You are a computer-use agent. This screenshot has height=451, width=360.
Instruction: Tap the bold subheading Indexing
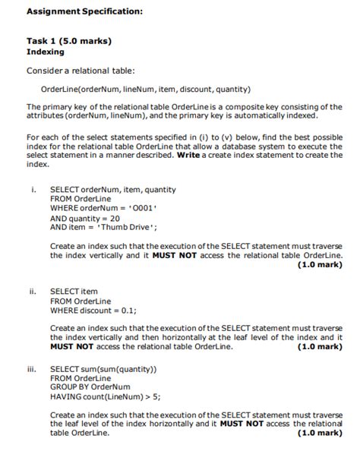[46, 52]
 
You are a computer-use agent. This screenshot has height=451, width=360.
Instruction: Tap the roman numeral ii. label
[33, 291]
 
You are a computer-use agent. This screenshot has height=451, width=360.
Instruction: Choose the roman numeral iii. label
[32, 368]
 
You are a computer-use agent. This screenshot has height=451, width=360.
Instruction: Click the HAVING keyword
[66, 396]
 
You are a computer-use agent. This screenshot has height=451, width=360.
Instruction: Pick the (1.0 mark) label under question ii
[320, 346]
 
